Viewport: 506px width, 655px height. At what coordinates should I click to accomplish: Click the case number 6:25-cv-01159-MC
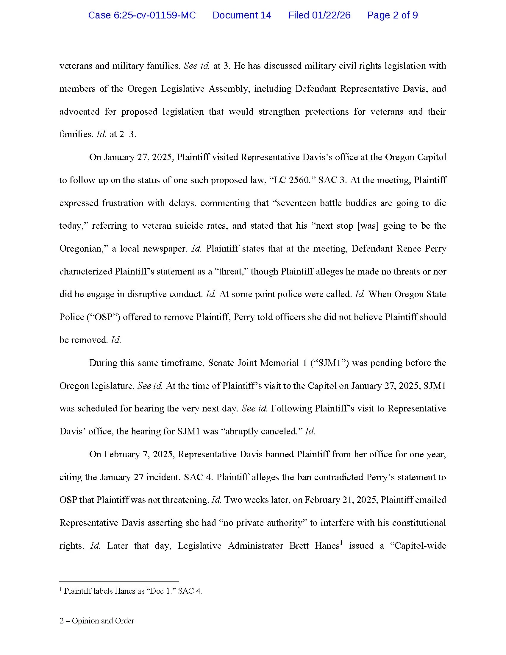142,15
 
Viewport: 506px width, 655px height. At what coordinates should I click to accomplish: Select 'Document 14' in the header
242,15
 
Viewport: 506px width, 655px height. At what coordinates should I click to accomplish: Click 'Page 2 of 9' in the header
392,15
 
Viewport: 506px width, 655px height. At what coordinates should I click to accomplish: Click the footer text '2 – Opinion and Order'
97,621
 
